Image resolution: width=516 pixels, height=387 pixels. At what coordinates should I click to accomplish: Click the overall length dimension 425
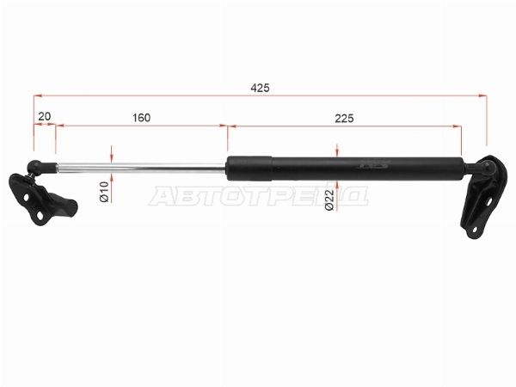coord(260,88)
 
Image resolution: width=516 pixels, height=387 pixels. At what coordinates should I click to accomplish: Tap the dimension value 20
coord(45,116)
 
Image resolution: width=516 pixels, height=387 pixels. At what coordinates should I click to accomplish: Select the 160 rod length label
coord(142,118)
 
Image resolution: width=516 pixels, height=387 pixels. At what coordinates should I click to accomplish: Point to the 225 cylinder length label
coord(344,118)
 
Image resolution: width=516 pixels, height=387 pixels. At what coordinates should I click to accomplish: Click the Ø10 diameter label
coord(104,191)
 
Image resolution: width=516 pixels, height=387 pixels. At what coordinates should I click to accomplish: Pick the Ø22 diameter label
coord(329,200)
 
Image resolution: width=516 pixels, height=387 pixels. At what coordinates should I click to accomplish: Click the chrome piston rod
coord(142,167)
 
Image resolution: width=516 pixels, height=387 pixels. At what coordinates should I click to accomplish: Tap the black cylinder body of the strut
coord(346,169)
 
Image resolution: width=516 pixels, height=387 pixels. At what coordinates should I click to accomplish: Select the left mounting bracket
coord(41,200)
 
